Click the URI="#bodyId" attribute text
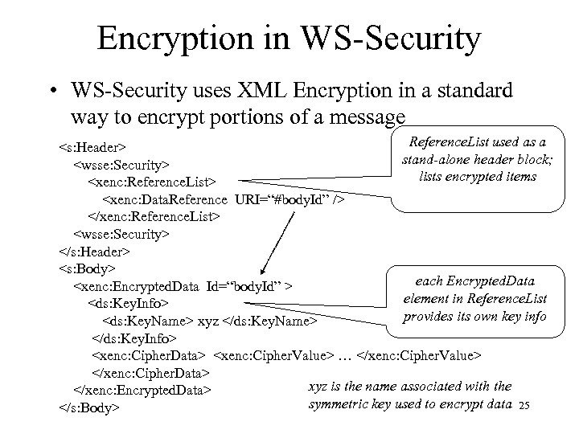click(x=286, y=199)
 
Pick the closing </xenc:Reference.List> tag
click(x=153, y=216)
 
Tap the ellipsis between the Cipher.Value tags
click(x=345, y=355)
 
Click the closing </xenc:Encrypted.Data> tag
click(x=142, y=391)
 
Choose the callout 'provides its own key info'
click(x=474, y=316)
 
